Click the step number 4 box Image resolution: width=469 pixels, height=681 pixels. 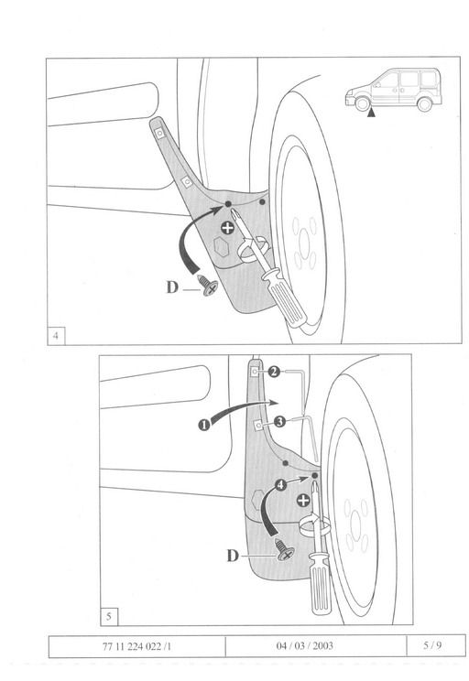pyautogui.click(x=56, y=336)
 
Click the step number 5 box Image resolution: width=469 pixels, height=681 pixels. pyautogui.click(x=109, y=616)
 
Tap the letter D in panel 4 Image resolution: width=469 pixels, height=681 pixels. pyautogui.click(x=172, y=287)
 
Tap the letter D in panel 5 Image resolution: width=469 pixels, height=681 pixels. pyautogui.click(x=233, y=556)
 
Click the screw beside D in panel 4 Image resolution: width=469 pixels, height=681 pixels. pyautogui.click(x=208, y=286)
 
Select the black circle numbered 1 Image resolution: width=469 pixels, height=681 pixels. pyautogui.click(x=204, y=425)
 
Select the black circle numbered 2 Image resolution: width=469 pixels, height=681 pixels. pyautogui.click(x=274, y=372)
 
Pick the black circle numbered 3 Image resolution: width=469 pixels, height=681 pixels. pyautogui.click(x=280, y=421)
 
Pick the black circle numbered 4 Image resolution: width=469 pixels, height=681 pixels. pyautogui.click(x=281, y=484)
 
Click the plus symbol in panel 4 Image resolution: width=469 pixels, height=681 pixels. pyautogui.click(x=227, y=228)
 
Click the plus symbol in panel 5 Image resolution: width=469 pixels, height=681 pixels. pyautogui.click(x=303, y=501)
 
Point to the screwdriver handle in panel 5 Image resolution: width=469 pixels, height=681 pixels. pyautogui.click(x=321, y=583)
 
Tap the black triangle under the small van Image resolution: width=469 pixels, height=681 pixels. pyautogui.click(x=371, y=113)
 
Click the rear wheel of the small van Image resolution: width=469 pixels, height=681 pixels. pyautogui.click(x=424, y=103)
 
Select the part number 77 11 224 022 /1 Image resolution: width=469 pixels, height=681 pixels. pyautogui.click(x=136, y=646)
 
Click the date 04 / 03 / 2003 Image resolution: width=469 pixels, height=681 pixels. pyautogui.click(x=305, y=645)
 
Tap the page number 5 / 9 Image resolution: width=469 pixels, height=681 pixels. pyautogui.click(x=432, y=645)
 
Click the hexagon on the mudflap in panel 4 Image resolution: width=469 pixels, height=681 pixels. pyautogui.click(x=221, y=247)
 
